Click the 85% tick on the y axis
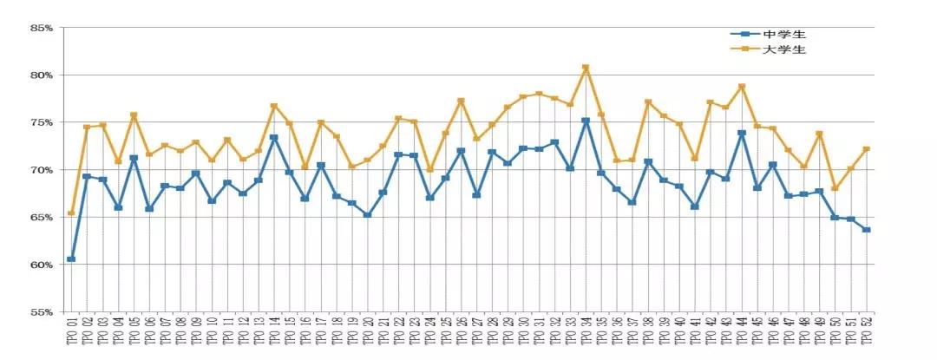[x=41, y=28]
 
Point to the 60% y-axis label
[x=41, y=264]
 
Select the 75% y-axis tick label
[x=41, y=122]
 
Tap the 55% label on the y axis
[x=41, y=311]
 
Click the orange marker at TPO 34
[x=586, y=68]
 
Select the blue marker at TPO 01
[x=71, y=259]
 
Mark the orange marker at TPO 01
[x=71, y=213]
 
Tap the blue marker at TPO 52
[x=867, y=230]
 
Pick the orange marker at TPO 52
[x=867, y=149]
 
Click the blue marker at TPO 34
[x=586, y=121]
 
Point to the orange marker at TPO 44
[x=742, y=87]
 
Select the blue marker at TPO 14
[x=273, y=137]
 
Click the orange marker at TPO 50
[x=835, y=188]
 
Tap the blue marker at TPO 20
[x=368, y=214]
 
